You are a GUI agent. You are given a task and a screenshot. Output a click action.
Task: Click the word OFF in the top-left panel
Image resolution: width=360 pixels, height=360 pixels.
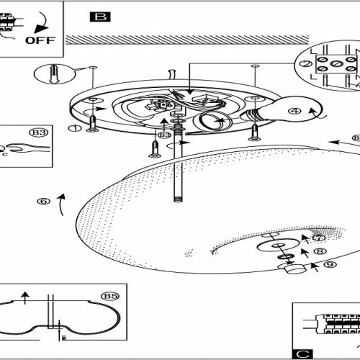tap(39, 39)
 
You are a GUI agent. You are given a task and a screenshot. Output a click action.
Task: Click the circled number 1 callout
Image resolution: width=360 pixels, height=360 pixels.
tap(72, 129)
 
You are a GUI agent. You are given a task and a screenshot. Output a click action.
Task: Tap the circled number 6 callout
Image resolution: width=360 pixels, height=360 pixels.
tap(45, 202)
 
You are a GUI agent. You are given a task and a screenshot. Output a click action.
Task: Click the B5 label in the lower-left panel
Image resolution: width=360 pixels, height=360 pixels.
tap(110, 296)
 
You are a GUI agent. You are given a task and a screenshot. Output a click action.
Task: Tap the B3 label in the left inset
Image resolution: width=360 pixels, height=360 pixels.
tap(39, 132)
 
